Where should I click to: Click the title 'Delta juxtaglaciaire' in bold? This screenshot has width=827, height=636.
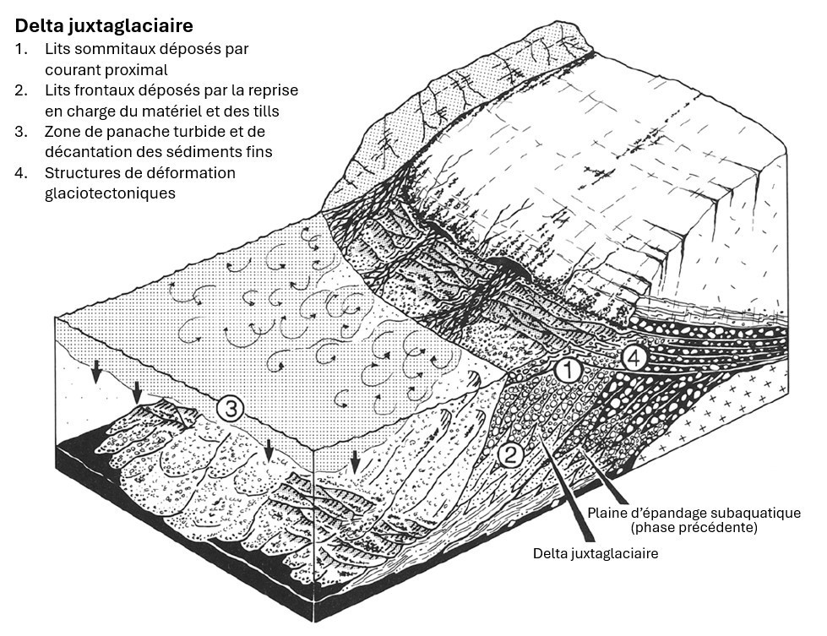104,25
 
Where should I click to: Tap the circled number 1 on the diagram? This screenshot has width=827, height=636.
569,370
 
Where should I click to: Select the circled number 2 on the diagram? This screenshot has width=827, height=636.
509,454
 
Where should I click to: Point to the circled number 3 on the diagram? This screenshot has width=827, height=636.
231,409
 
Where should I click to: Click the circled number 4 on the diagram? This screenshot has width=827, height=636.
634,359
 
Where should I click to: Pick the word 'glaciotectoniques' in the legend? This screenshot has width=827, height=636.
110,193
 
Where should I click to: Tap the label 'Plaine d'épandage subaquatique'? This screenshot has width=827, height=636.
694,513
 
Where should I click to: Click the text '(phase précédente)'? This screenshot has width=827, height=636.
694,527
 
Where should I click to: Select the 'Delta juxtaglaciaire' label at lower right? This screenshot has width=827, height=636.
596,553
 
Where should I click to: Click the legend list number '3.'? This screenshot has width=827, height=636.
21,131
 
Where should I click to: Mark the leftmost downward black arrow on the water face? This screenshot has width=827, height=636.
96,372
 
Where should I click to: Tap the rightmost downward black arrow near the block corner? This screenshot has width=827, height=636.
355,462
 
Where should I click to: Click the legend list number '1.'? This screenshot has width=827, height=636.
21,49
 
